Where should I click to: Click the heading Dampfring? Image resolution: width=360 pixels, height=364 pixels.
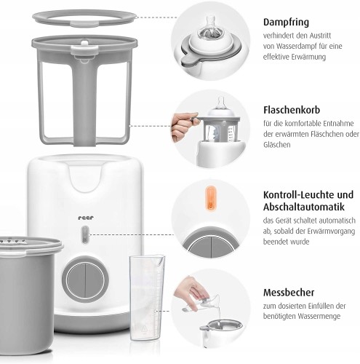click(x=286, y=22)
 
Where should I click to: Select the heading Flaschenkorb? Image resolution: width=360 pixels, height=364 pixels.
click(x=292, y=110)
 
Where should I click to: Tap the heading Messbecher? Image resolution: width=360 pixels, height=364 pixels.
click(x=289, y=292)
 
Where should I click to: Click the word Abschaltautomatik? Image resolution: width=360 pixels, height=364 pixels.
click(x=304, y=207)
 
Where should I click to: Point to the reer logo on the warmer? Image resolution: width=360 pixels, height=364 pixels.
click(x=86, y=218)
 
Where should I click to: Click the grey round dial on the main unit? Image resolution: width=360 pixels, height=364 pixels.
click(x=85, y=280)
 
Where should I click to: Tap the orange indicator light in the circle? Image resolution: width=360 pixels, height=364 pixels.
click(x=210, y=198)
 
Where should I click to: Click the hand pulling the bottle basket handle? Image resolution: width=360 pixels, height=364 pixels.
click(x=183, y=126)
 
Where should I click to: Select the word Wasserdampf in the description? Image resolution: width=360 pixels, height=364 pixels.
click(x=296, y=46)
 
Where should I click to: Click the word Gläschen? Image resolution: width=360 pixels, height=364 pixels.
click(x=277, y=145)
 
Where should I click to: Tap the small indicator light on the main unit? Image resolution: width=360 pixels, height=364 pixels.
click(x=85, y=234)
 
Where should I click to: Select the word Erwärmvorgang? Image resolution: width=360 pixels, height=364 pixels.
click(x=331, y=232)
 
